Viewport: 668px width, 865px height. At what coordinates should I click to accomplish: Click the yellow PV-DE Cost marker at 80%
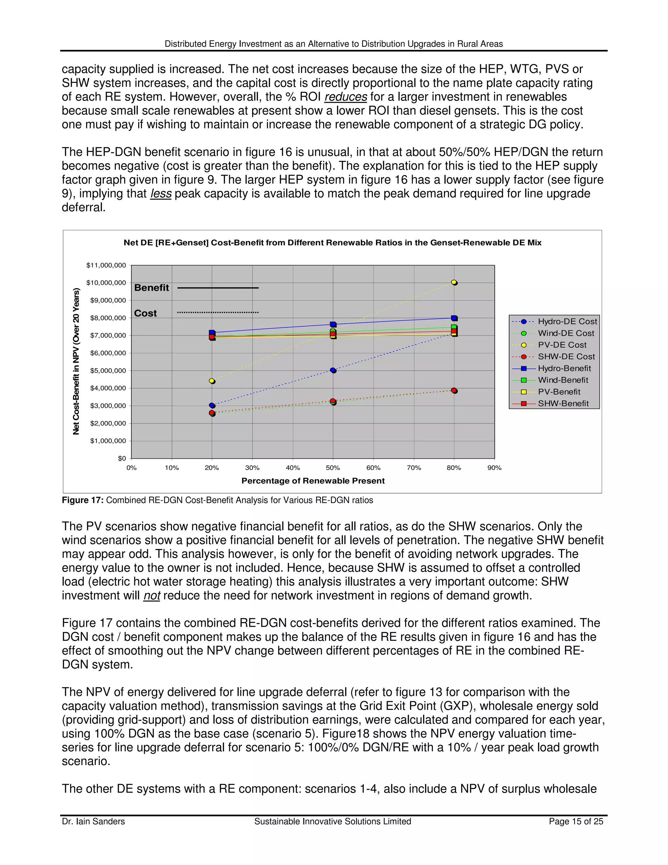tap(454, 282)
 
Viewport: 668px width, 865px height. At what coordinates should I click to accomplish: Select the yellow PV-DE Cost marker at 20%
tap(212, 381)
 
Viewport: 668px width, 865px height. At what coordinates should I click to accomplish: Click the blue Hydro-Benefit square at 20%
tap(212, 333)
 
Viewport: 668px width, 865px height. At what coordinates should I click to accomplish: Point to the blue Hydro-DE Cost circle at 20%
tap(212, 405)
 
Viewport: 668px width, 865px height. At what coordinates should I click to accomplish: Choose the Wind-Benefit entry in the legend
tap(563, 380)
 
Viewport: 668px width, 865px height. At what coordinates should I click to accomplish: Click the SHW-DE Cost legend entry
tap(566, 356)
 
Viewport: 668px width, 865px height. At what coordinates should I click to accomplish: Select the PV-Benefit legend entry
tap(559, 392)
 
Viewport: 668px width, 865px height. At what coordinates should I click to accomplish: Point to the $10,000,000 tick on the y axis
tap(106, 282)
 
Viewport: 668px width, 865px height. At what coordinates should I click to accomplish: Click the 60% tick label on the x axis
tap(373, 468)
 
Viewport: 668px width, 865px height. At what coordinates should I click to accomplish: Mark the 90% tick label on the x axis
tap(494, 468)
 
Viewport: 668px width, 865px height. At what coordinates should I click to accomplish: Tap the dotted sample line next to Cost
tap(218, 312)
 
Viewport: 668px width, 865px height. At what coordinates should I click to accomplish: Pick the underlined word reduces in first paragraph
tap(345, 97)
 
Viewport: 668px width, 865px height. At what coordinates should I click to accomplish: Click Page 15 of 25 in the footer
tap(576, 822)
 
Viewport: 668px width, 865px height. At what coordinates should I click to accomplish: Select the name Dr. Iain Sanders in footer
tap(93, 822)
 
